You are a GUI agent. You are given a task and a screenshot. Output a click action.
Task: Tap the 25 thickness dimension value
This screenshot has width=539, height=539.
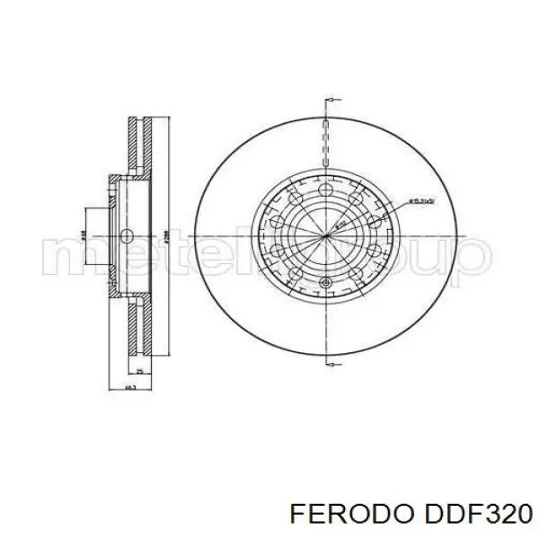click(x=140, y=370)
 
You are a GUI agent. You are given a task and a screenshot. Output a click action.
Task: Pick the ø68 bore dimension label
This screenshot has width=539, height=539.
click(x=83, y=235)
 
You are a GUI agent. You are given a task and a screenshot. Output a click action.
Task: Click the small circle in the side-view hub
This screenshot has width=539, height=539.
click(x=126, y=236)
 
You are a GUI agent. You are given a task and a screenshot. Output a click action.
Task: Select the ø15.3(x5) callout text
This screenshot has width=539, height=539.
click(x=423, y=201)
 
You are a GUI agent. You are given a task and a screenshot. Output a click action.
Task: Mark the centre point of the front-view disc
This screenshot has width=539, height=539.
click(x=325, y=236)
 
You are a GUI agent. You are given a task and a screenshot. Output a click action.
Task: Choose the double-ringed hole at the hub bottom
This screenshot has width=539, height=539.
click(x=326, y=285)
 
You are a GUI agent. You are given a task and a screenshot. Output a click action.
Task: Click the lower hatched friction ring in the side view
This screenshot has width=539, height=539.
click(x=137, y=325)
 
